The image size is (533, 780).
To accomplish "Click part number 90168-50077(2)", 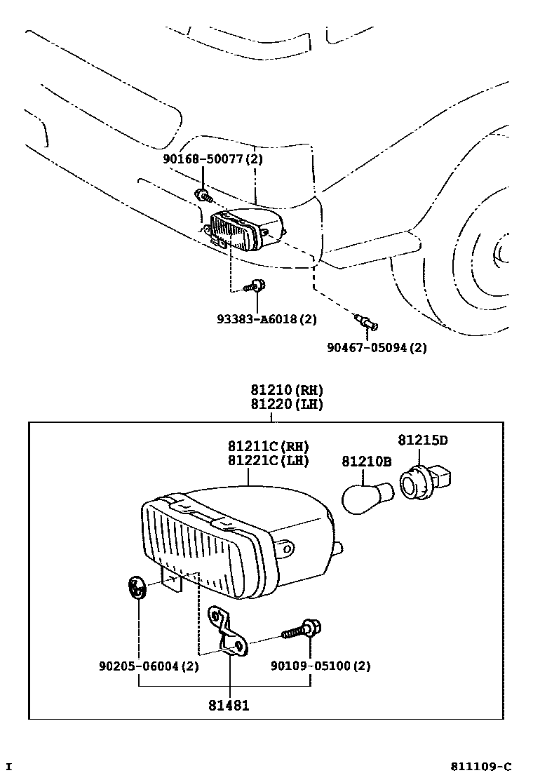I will pos(212,159).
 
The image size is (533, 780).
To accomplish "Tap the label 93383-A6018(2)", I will pos(266,319).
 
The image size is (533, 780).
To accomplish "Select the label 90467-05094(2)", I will pos(376,347).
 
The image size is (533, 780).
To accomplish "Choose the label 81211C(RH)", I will pos(268,446).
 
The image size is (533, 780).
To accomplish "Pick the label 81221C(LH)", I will pos(268,460).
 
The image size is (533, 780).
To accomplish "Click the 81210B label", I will pos(366,461).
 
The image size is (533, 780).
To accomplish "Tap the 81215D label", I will pos(422,441).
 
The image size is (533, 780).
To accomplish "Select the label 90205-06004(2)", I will pos(148,666).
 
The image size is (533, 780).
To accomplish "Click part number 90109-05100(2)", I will pos(321,666).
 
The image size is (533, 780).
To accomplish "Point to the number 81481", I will pos(229,706).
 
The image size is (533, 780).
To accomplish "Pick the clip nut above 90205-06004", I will pos(137,588).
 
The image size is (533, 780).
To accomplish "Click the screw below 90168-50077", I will pos(202,194).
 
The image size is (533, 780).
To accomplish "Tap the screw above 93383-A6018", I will pos(253,286).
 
